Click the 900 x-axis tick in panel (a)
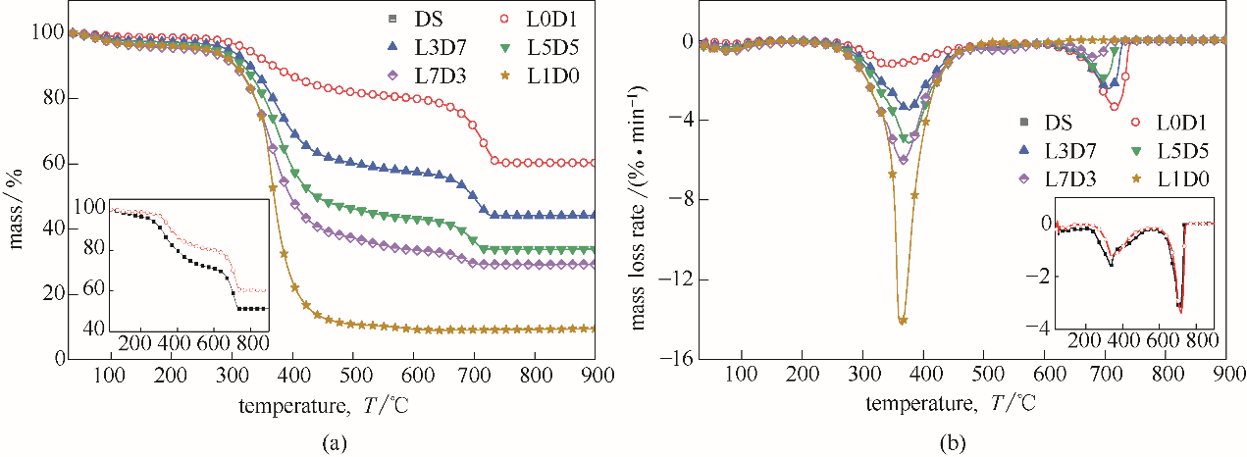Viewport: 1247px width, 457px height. (597, 375)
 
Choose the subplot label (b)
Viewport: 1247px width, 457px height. (952, 444)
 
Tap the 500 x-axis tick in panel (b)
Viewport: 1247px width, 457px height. (984, 375)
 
